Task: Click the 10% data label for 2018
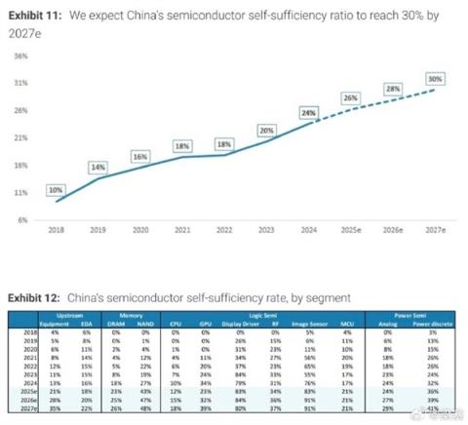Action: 55,190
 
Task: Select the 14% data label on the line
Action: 98,168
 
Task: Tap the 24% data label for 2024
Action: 309,112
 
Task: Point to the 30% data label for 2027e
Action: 436,78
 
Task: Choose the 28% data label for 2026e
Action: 393,89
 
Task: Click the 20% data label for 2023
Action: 266,130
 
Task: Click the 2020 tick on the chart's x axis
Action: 139,231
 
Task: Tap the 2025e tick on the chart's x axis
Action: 351,231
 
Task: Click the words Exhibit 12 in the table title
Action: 34,297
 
